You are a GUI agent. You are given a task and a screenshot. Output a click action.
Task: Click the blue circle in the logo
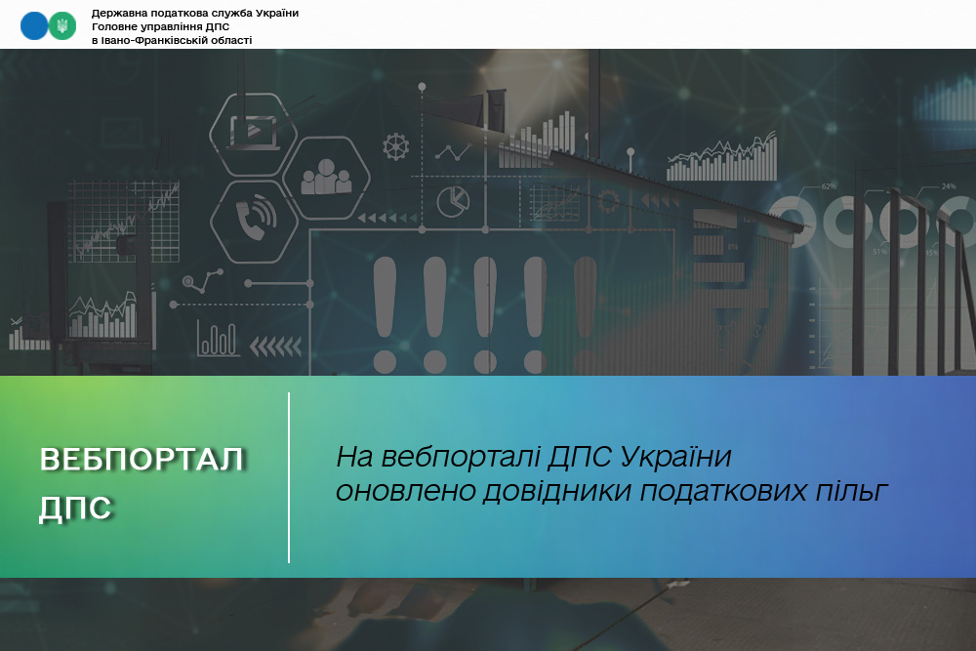click(34, 26)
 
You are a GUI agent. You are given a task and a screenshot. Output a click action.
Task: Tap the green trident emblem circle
click(62, 26)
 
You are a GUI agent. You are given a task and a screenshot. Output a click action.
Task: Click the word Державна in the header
click(116, 13)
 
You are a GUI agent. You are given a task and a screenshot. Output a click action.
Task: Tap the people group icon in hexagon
click(326, 178)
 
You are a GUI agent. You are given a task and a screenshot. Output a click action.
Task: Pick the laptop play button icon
click(254, 132)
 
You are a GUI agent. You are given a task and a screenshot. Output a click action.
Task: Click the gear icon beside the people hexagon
click(396, 146)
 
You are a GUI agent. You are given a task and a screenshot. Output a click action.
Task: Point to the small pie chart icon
click(453, 200)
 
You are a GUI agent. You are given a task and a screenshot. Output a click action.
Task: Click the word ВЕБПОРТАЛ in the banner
click(142, 460)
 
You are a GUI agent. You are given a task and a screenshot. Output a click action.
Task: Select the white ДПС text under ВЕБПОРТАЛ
click(75, 509)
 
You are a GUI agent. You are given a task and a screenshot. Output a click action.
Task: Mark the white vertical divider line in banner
click(289, 477)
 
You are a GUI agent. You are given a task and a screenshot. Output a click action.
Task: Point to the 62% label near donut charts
click(829, 186)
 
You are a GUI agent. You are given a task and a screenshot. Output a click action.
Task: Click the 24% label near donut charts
click(949, 186)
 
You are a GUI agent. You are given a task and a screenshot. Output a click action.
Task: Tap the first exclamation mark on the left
click(385, 315)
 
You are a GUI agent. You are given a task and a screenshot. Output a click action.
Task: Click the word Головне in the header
click(114, 26)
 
